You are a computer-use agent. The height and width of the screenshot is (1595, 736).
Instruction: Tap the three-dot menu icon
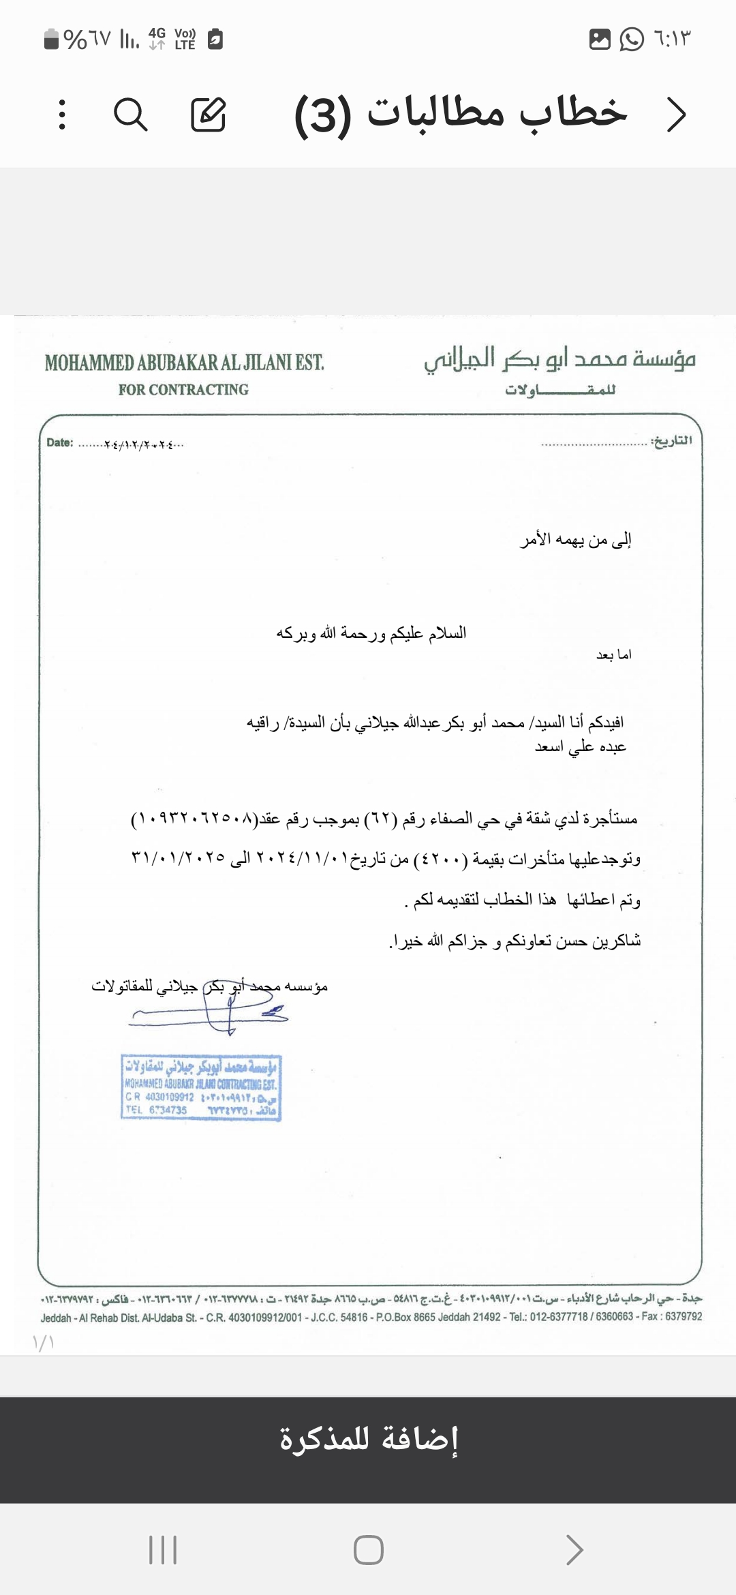(x=62, y=114)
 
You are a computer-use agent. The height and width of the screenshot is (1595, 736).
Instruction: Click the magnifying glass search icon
(x=130, y=114)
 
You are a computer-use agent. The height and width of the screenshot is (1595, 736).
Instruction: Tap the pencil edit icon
(x=208, y=114)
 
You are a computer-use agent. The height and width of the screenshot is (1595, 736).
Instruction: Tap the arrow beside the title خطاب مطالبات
(x=675, y=115)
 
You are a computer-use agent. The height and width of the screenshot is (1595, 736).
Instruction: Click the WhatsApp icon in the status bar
(x=632, y=39)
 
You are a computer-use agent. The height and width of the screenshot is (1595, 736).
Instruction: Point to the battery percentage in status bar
(x=86, y=39)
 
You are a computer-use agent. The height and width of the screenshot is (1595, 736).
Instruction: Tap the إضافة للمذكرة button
(x=368, y=1439)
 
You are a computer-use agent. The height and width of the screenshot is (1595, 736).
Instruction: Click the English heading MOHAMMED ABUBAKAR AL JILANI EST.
(x=184, y=363)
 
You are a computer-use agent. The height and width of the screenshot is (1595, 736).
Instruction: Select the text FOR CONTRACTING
(x=183, y=390)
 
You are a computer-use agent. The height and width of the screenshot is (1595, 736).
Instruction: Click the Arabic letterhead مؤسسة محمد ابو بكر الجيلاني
(x=559, y=359)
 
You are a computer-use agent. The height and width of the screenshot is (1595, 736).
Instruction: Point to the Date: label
(x=59, y=442)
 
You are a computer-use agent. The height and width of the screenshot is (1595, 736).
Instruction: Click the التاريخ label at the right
(x=671, y=441)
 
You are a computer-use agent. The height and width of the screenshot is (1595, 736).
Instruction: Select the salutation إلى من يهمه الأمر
(x=576, y=540)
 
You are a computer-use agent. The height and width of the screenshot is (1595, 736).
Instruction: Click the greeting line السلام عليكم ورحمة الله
(x=371, y=633)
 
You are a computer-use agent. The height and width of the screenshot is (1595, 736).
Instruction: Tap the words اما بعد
(x=614, y=655)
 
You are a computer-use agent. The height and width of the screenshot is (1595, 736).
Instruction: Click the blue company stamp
(x=201, y=1088)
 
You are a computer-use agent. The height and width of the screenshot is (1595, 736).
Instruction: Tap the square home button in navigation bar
(x=368, y=1550)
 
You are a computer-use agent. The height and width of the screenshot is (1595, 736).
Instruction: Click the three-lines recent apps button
(x=163, y=1550)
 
